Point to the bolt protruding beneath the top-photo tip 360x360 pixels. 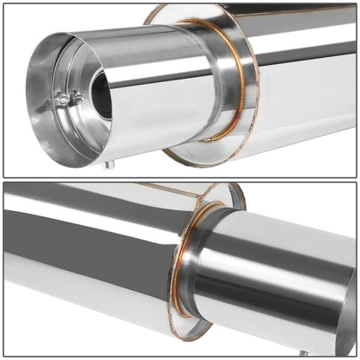tap(107, 163)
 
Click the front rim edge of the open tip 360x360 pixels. tap(35, 104)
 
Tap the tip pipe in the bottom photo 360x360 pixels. tap(277, 277)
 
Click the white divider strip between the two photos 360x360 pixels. tap(180, 179)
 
